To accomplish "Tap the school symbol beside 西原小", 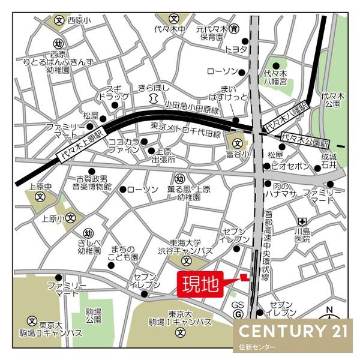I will [x=59, y=19].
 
